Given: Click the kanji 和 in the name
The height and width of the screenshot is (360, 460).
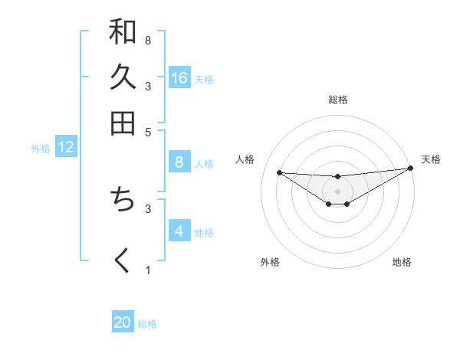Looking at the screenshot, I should pyautogui.click(x=123, y=32).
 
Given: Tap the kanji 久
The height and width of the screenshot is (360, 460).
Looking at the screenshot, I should pyautogui.click(x=123, y=77).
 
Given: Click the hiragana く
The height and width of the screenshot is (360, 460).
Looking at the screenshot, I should pyautogui.click(x=123, y=260).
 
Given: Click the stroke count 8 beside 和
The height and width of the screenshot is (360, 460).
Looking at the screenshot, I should pyautogui.click(x=148, y=40).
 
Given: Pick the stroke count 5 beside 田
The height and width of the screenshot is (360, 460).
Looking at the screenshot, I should pyautogui.click(x=148, y=131).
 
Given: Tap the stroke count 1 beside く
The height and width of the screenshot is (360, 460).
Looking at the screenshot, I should pyautogui.click(x=148, y=270).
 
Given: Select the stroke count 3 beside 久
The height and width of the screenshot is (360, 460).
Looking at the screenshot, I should pyautogui.click(x=148, y=86).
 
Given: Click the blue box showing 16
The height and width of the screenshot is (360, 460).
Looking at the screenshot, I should pyautogui.click(x=179, y=77).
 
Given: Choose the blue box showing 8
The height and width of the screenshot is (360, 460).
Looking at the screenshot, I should pyautogui.click(x=179, y=162).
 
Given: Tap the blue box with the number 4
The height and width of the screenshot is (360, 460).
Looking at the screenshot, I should pyautogui.click(x=179, y=231).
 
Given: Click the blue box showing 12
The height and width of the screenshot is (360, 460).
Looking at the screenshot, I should pyautogui.click(x=66, y=147).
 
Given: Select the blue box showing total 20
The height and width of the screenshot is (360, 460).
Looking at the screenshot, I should pyautogui.click(x=123, y=322).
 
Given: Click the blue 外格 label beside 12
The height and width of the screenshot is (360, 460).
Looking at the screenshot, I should pyautogui.click(x=41, y=149).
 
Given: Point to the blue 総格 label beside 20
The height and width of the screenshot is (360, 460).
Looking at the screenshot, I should pyautogui.click(x=148, y=324).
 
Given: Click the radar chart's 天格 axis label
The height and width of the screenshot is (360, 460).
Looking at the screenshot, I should pyautogui.click(x=431, y=159).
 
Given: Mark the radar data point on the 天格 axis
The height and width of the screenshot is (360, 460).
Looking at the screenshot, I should pyautogui.click(x=410, y=169).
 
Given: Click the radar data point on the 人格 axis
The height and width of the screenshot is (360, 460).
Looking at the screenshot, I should pyautogui.click(x=279, y=172).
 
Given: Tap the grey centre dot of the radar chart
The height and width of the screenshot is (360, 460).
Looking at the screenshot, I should pyautogui.click(x=337, y=191).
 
